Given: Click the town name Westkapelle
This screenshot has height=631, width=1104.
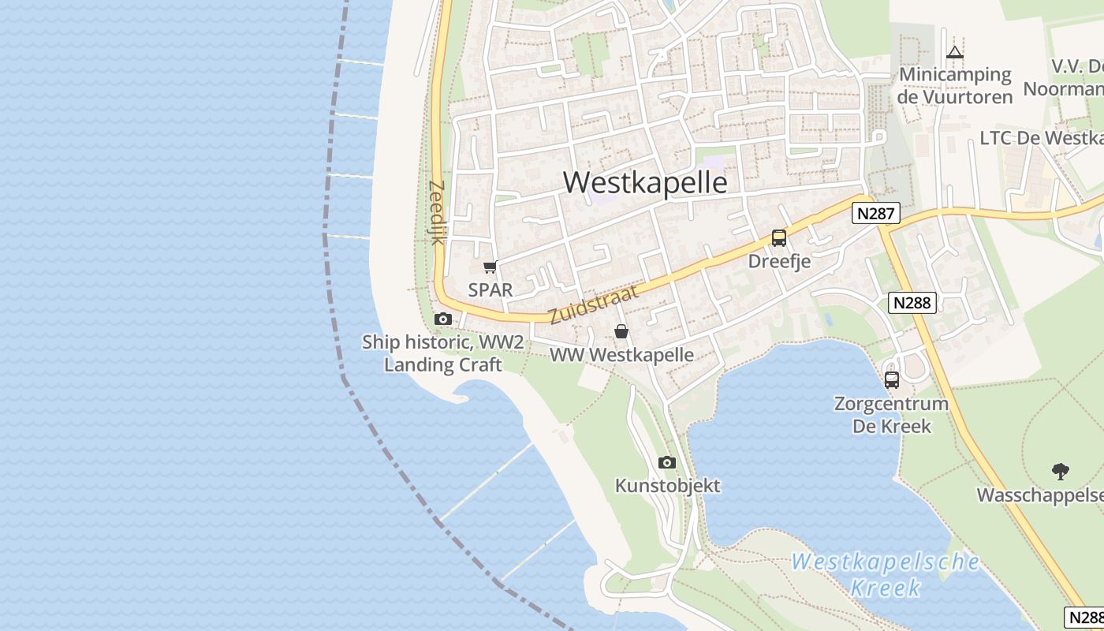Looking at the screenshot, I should click(645, 182).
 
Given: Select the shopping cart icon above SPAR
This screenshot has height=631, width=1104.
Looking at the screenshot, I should click(490, 267).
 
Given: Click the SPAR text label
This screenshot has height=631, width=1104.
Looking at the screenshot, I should click(490, 289).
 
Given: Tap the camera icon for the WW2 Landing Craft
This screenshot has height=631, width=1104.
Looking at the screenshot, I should click(443, 319).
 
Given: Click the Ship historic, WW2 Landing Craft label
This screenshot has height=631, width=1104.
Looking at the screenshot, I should click(442, 353).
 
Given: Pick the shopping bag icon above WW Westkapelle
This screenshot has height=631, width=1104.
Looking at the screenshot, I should click(621, 332).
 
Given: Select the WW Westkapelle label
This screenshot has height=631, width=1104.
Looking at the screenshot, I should click(621, 355).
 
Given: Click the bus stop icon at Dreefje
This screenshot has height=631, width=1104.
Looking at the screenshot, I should click(779, 238).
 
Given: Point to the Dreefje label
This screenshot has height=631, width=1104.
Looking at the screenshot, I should click(779, 261).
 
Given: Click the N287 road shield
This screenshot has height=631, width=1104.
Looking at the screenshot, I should click(875, 213).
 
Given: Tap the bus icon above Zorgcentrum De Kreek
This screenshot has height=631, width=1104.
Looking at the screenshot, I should click(892, 380).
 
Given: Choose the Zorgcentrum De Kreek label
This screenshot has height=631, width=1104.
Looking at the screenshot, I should click(892, 415).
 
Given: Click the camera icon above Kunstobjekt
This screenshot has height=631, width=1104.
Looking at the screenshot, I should click(667, 463).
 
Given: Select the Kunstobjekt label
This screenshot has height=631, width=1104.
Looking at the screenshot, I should click(667, 486).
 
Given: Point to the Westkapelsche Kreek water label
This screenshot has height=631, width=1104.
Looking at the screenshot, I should click(886, 574).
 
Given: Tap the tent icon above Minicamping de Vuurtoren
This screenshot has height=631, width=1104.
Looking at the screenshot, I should click(955, 53).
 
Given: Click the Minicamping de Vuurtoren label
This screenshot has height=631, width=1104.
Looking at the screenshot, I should click(955, 86).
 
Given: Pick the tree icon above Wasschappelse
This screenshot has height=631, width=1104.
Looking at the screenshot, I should click(1061, 472).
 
